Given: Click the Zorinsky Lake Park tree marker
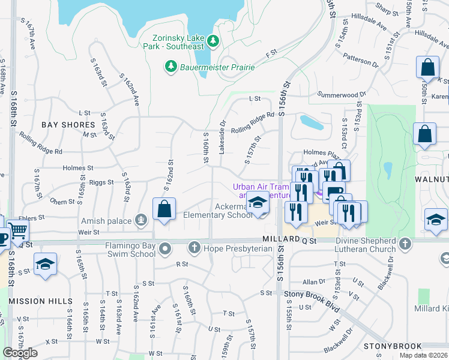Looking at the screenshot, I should pyautogui.click(x=212, y=41).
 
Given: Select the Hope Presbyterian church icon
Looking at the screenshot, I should pyautogui.click(x=194, y=247).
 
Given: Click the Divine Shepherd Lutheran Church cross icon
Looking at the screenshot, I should pyautogui.click(x=406, y=243).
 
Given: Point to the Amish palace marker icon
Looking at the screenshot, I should pyautogui.click(x=141, y=220).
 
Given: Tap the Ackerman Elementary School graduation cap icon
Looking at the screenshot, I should pyautogui.click(x=258, y=204).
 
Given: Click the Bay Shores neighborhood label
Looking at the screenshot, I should pyautogui.click(x=68, y=125).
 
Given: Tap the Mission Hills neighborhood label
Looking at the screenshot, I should pyautogui.click(x=41, y=301).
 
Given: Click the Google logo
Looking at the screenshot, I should pyautogui.click(x=20, y=353).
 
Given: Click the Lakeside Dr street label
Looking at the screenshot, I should pyautogui.click(x=222, y=137).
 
